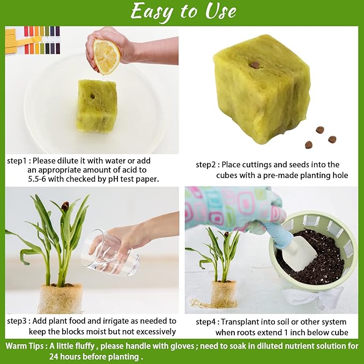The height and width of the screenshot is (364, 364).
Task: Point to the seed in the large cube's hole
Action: (255, 65)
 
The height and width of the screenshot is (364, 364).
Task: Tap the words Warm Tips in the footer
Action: (25, 346)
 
